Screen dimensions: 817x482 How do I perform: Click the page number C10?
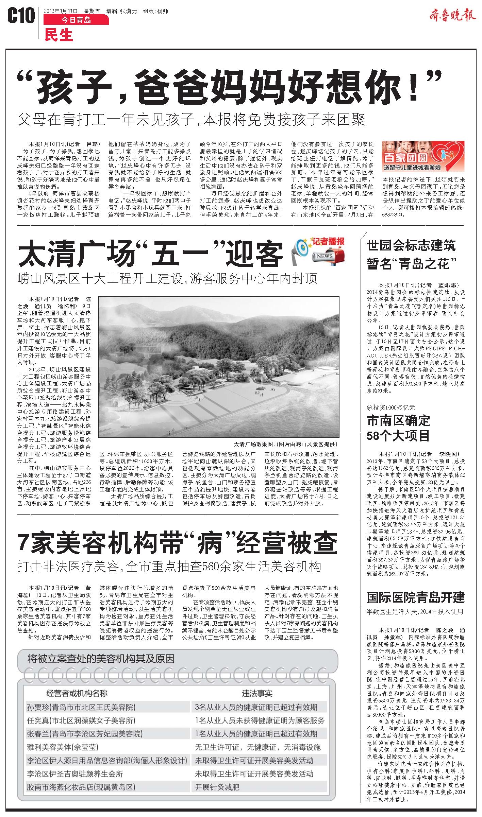(x=21, y=16)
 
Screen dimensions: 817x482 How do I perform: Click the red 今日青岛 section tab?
(x=76, y=20)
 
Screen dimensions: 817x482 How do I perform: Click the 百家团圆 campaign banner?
(x=423, y=158)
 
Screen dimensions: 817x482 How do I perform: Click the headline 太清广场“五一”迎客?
(x=150, y=254)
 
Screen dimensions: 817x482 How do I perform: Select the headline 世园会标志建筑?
(x=411, y=245)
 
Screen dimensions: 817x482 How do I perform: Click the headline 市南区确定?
(x=398, y=421)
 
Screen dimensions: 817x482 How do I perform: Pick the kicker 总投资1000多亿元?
(x=391, y=407)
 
